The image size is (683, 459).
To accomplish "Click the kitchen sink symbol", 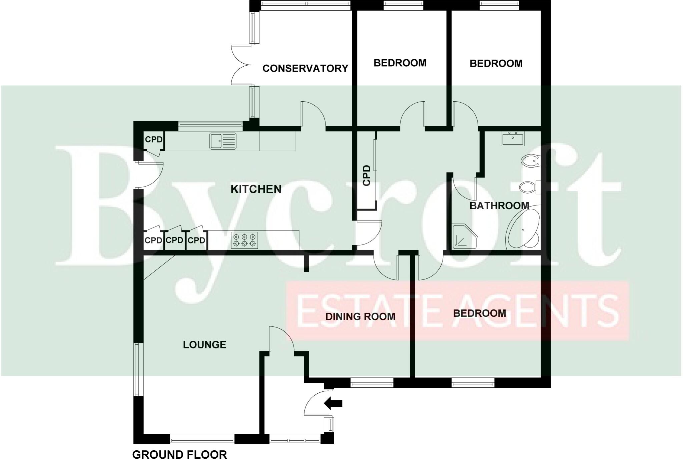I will [x=223, y=141].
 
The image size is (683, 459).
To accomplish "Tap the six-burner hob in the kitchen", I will [x=245, y=240].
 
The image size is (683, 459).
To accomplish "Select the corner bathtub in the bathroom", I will [x=523, y=229].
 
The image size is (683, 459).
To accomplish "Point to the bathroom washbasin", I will [x=512, y=139].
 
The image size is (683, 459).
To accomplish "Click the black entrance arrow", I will [x=333, y=403].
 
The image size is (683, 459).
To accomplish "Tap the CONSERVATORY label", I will [x=305, y=68].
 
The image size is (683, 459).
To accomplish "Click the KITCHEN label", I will [x=256, y=189].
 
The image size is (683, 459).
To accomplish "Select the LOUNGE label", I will [x=204, y=345].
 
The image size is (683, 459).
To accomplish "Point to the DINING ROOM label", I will [x=360, y=316].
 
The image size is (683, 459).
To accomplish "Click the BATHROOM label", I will [x=499, y=206].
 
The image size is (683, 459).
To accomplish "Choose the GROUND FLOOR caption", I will [x=179, y=454].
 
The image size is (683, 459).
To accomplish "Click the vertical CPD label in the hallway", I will [x=367, y=175].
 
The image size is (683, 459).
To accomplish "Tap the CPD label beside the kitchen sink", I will [x=153, y=140].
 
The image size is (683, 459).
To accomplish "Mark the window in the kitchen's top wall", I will [x=210, y=125].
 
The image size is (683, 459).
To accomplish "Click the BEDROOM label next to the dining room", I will [x=479, y=313].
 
